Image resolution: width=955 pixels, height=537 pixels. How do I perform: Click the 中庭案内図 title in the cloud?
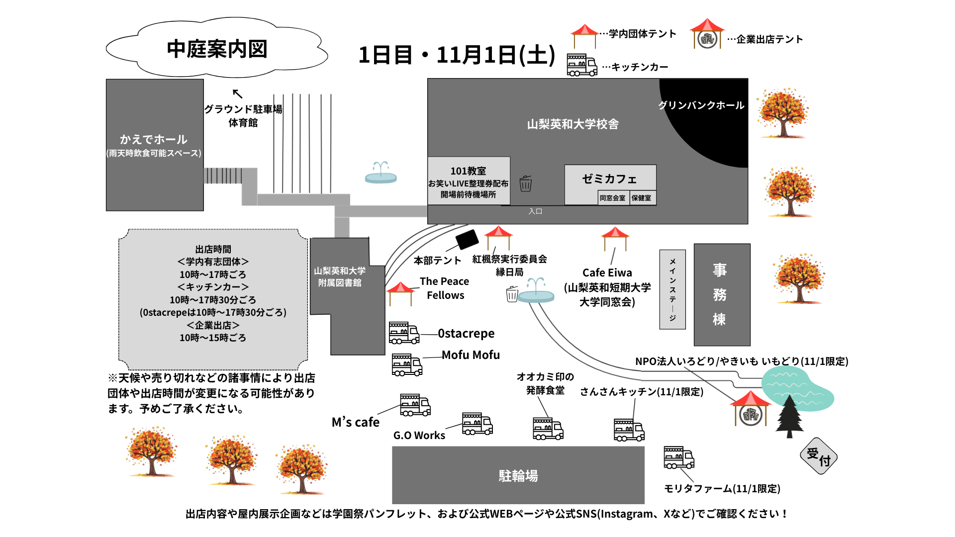[217, 49]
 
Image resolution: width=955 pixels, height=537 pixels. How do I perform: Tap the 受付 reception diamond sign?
[819, 456]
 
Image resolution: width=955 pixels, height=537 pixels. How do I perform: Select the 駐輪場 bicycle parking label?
[518, 476]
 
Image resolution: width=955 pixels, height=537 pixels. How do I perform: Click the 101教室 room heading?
[468, 171]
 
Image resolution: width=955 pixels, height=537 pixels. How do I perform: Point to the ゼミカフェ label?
[609, 179]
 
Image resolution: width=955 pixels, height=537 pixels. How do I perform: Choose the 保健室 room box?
[642, 198]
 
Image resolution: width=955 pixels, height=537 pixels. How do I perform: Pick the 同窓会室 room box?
[612, 198]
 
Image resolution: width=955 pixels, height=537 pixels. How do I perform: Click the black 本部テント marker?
[467, 240]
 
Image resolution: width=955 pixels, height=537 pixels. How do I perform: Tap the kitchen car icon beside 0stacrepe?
[403, 333]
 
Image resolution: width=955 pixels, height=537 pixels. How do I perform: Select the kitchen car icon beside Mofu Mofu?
[407, 364]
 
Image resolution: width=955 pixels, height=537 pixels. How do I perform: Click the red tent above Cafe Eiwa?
[615, 238]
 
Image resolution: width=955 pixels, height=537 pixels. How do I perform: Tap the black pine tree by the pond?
[789, 415]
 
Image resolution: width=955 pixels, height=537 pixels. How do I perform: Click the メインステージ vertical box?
[672, 289]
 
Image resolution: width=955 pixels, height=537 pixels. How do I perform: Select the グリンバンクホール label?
[701, 105]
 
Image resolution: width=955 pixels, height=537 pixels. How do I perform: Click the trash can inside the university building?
[526, 183]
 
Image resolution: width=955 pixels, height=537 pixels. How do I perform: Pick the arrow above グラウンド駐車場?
[237, 93]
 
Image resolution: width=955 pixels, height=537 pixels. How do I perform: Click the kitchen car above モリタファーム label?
[678, 457]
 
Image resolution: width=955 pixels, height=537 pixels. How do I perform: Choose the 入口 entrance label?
[535, 211]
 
